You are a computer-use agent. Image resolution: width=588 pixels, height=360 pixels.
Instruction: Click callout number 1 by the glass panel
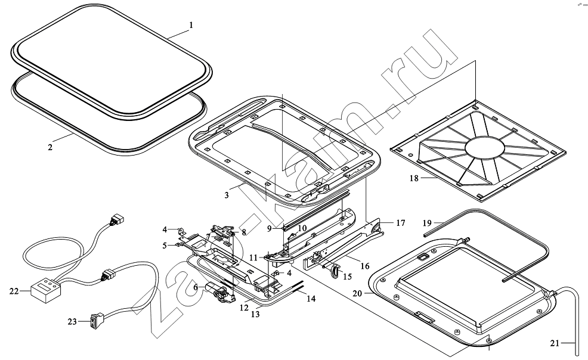(x=191, y=25)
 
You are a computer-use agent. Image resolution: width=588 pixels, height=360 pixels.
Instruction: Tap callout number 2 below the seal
(x=51, y=146)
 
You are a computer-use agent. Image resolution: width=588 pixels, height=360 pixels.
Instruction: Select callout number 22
(x=14, y=291)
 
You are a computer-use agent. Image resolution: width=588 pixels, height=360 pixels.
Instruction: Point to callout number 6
(x=194, y=287)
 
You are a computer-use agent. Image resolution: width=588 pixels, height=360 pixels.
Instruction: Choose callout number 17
(x=400, y=223)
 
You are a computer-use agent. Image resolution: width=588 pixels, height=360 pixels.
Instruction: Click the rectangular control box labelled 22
(x=45, y=290)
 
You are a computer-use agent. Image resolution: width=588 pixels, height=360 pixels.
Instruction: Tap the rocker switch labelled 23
(x=96, y=321)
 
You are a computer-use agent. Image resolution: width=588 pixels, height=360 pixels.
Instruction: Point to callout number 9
(x=269, y=228)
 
